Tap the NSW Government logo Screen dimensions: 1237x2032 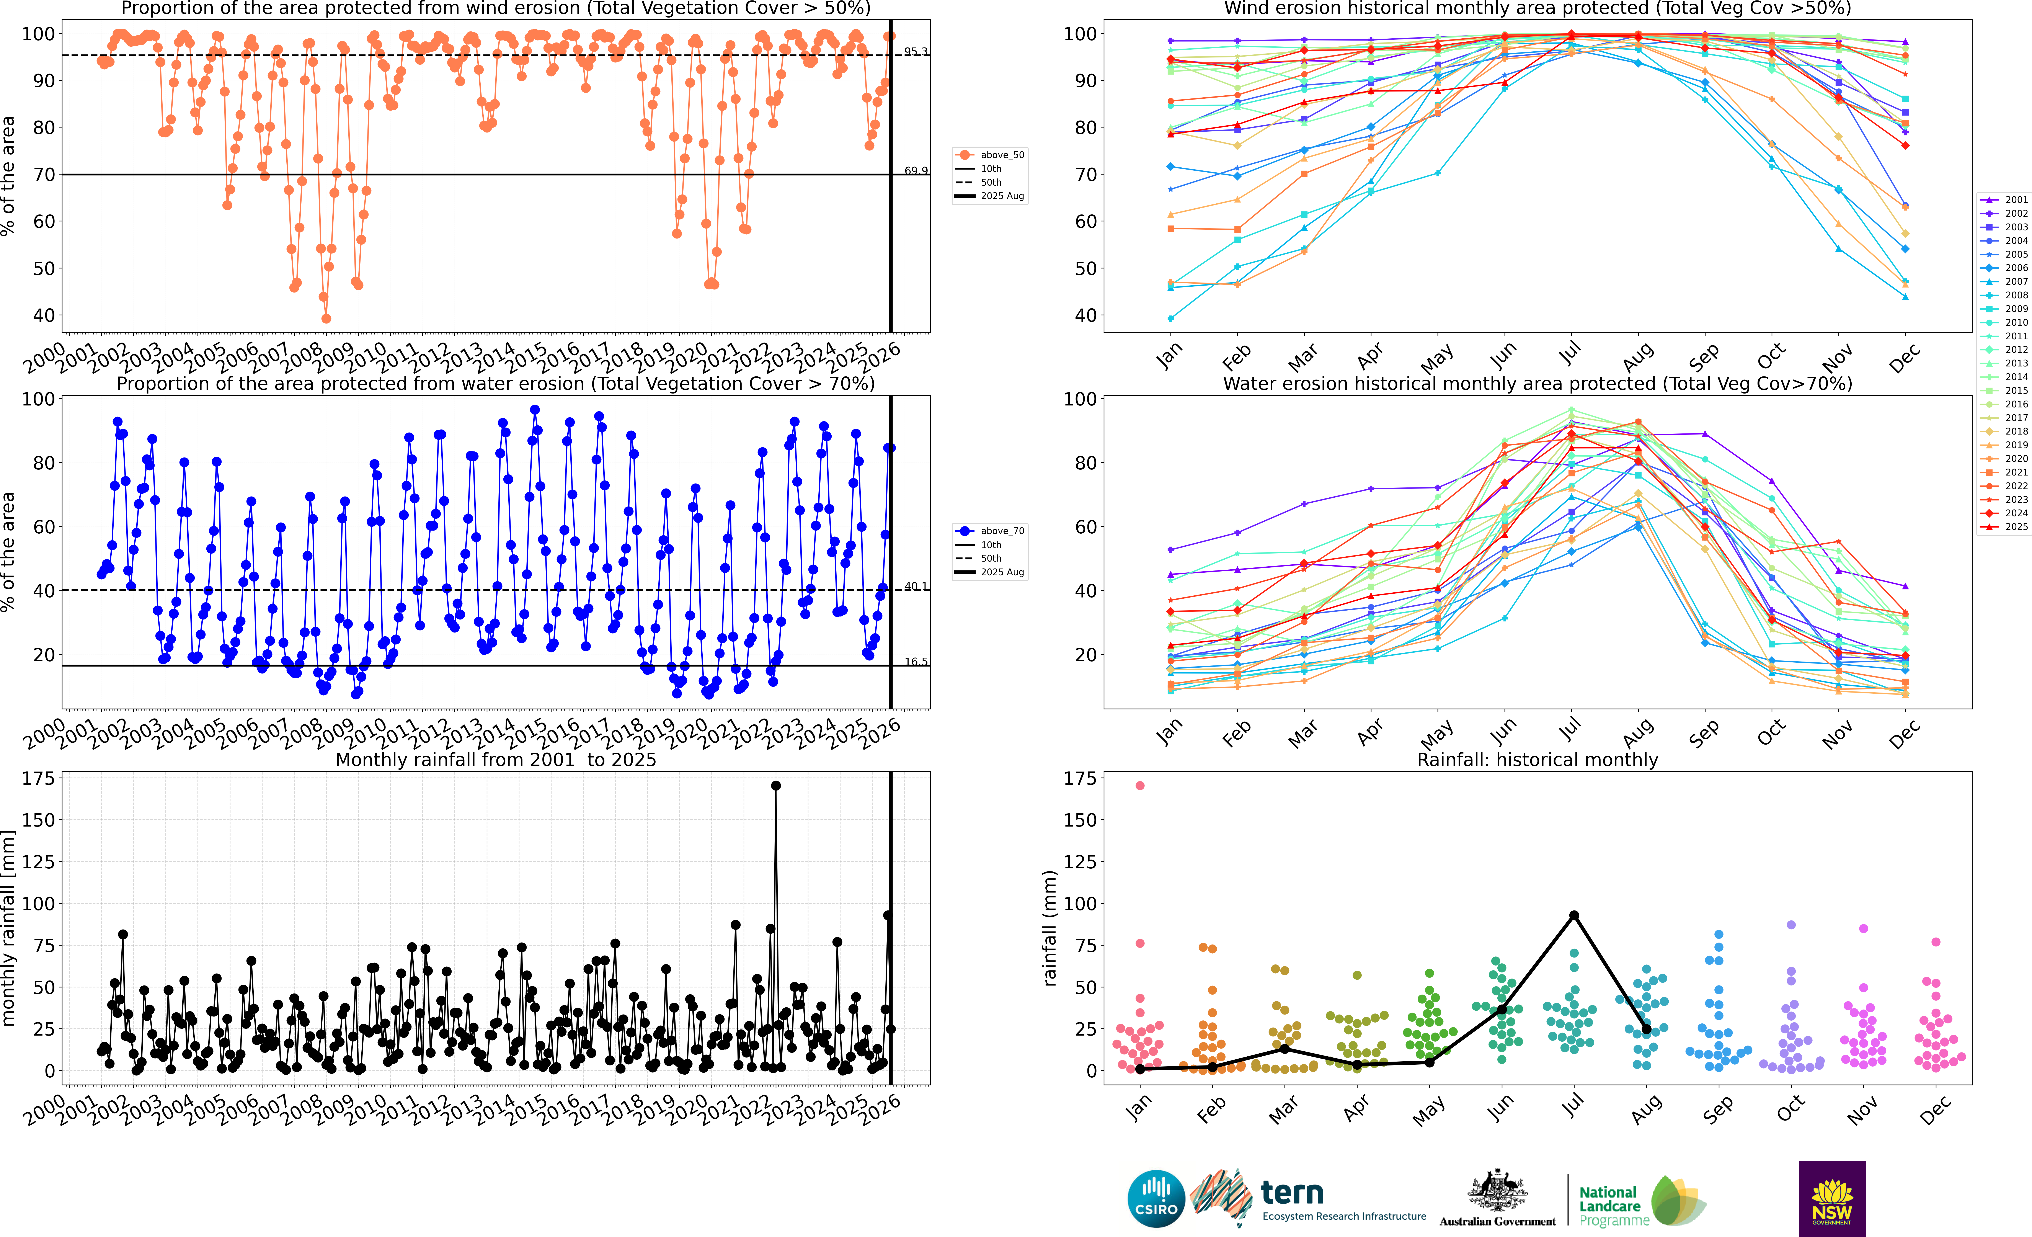coord(1832,1198)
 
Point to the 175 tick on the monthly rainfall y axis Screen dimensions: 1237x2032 coord(39,778)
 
